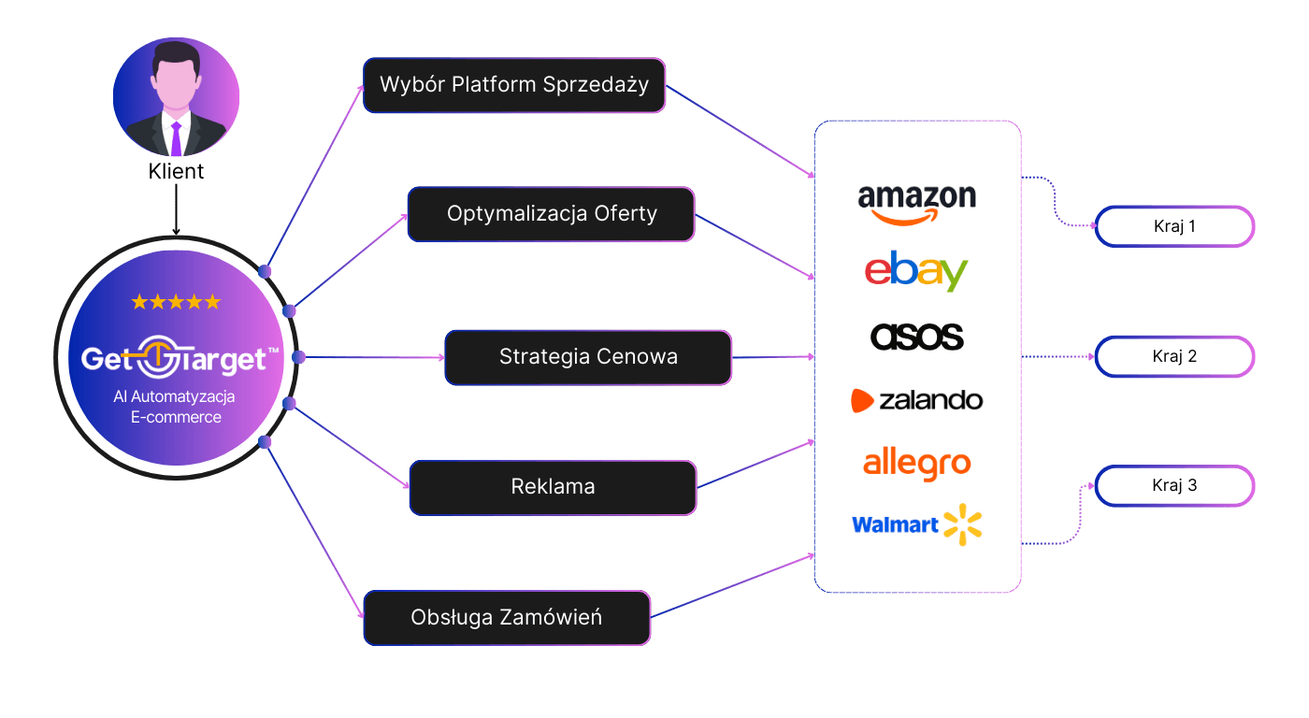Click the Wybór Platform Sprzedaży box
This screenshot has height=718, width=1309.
(x=513, y=85)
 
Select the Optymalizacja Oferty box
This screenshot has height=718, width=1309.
(x=551, y=214)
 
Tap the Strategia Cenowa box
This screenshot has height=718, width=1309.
(x=587, y=356)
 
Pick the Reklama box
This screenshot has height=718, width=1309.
(x=553, y=486)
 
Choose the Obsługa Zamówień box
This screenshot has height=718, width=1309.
(x=506, y=617)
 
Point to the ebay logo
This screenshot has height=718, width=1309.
(x=916, y=270)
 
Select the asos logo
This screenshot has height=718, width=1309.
(x=916, y=337)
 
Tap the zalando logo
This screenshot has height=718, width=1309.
(x=916, y=400)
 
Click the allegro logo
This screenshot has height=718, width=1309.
(x=916, y=463)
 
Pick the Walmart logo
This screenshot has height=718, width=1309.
(x=916, y=524)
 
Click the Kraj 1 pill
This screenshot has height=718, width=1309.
(x=1174, y=226)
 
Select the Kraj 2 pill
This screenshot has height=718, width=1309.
(x=1174, y=356)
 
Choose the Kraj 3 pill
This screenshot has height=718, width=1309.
(x=1174, y=486)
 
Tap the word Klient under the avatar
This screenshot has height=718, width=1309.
(x=176, y=172)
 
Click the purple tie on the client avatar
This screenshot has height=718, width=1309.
(x=176, y=137)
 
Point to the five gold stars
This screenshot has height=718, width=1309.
(x=176, y=302)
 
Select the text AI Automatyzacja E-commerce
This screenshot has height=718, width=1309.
(x=176, y=407)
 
